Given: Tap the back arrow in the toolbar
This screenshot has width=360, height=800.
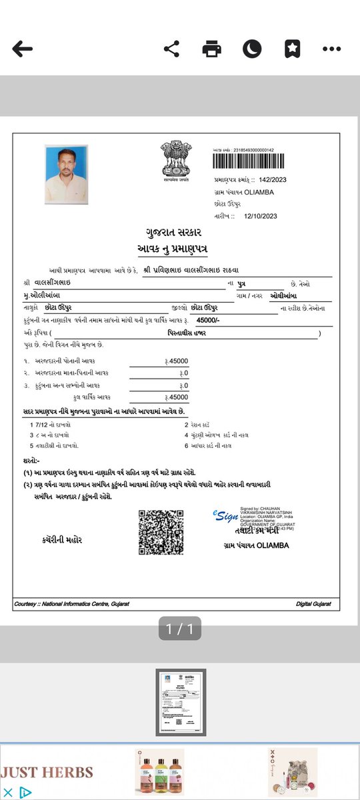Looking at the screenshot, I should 22,49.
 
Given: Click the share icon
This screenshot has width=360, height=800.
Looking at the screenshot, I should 172,49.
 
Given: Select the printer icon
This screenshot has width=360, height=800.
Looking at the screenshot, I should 211,49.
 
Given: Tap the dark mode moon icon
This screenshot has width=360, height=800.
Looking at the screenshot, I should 251,49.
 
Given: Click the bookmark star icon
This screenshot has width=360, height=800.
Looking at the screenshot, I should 292,49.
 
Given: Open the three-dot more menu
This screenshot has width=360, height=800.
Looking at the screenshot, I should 331,49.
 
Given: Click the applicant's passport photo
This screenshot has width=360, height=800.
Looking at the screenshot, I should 67,175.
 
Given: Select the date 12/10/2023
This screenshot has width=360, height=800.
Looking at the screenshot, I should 259,216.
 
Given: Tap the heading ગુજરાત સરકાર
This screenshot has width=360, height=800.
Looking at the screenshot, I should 173,233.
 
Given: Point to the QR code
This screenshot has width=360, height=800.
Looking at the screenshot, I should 161,531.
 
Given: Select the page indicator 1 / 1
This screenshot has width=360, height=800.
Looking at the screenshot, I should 179,628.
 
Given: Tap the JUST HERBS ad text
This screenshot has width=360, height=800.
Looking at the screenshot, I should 46,773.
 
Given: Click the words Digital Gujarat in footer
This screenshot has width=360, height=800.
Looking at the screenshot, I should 313,604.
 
